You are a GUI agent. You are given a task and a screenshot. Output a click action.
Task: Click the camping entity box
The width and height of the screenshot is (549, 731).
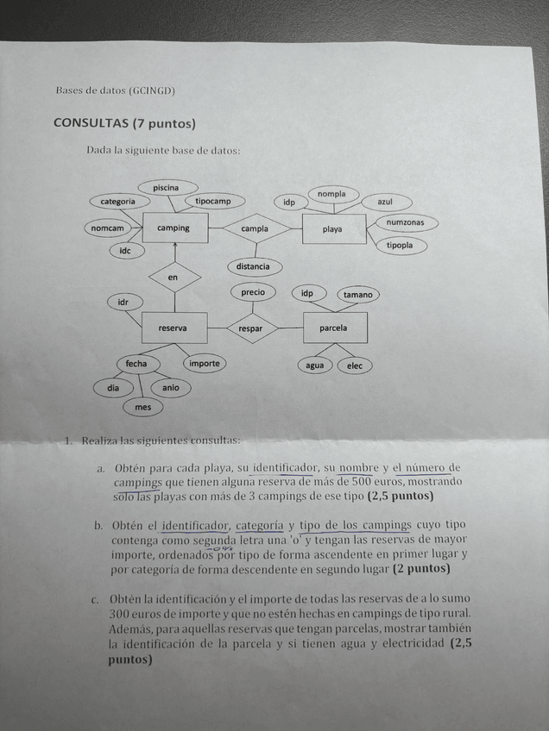(x=174, y=228)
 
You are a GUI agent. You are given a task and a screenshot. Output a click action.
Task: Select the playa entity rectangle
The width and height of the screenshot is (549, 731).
(x=333, y=229)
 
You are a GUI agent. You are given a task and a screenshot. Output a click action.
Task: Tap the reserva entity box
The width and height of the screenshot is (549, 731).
(x=173, y=328)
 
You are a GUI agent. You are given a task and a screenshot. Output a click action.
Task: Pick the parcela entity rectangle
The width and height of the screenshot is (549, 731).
(x=334, y=328)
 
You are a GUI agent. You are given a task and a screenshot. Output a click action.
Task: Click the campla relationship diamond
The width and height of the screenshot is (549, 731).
(x=255, y=229)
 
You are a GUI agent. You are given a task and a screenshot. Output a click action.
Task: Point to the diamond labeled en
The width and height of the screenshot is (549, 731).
(x=174, y=278)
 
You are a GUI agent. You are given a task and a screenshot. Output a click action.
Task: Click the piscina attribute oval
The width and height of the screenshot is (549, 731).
(x=167, y=187)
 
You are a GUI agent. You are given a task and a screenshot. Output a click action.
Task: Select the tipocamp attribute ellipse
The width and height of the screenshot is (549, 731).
(x=213, y=202)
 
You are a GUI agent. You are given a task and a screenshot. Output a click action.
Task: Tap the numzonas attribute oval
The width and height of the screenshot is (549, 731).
(x=406, y=223)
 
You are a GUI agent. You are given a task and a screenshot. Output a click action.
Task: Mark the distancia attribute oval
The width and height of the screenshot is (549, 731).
(x=253, y=266)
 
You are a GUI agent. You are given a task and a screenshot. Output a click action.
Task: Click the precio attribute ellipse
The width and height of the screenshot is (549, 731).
(x=253, y=292)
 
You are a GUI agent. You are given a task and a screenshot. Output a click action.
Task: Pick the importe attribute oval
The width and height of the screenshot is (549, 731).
(x=204, y=364)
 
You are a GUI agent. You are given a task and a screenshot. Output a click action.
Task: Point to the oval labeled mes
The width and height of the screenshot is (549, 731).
(x=143, y=407)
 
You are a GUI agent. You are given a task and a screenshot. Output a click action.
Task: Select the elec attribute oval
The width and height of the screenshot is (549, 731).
(x=355, y=365)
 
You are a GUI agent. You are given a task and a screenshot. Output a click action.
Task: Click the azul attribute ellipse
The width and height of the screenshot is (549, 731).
(x=384, y=202)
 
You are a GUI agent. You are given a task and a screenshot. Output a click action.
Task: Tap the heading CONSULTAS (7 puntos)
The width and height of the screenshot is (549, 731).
(x=124, y=122)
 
